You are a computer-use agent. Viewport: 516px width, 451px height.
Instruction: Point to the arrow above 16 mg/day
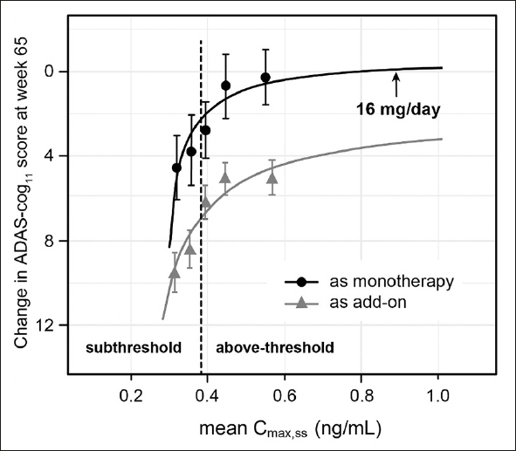pos(396,85)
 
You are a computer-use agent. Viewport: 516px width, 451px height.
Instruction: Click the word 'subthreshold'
pos(132,347)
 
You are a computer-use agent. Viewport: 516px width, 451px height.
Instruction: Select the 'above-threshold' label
pos(274,347)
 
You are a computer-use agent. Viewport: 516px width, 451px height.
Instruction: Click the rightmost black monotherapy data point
pos(265,78)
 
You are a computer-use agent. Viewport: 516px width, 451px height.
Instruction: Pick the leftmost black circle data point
pos(176,167)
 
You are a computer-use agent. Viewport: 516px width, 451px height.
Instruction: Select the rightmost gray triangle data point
pos(272,178)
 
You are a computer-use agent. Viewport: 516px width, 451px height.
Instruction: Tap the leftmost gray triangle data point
pos(175,273)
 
